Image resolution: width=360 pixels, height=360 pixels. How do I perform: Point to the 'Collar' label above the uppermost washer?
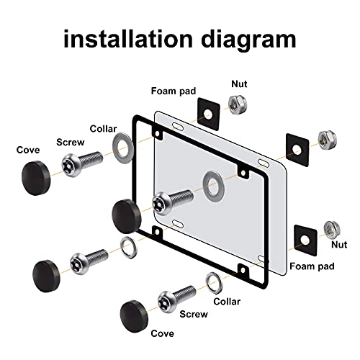coord(103,129)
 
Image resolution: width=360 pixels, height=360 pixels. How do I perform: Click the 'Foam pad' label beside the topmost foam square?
coord(171,91)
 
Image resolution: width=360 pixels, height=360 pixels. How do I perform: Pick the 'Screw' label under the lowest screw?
coord(194,314)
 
